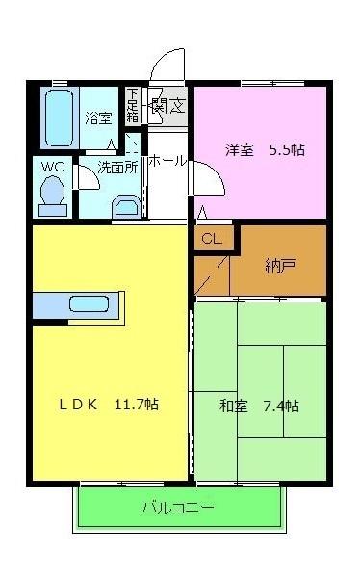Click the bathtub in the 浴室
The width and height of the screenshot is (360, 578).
(x=60, y=118)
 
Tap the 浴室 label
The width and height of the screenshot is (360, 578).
(x=98, y=118)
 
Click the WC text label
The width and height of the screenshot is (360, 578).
(x=52, y=166)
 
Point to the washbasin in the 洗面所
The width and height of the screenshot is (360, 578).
(x=124, y=205)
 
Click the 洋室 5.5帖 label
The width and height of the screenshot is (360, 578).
(x=265, y=150)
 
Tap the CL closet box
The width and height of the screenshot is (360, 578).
(x=212, y=240)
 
